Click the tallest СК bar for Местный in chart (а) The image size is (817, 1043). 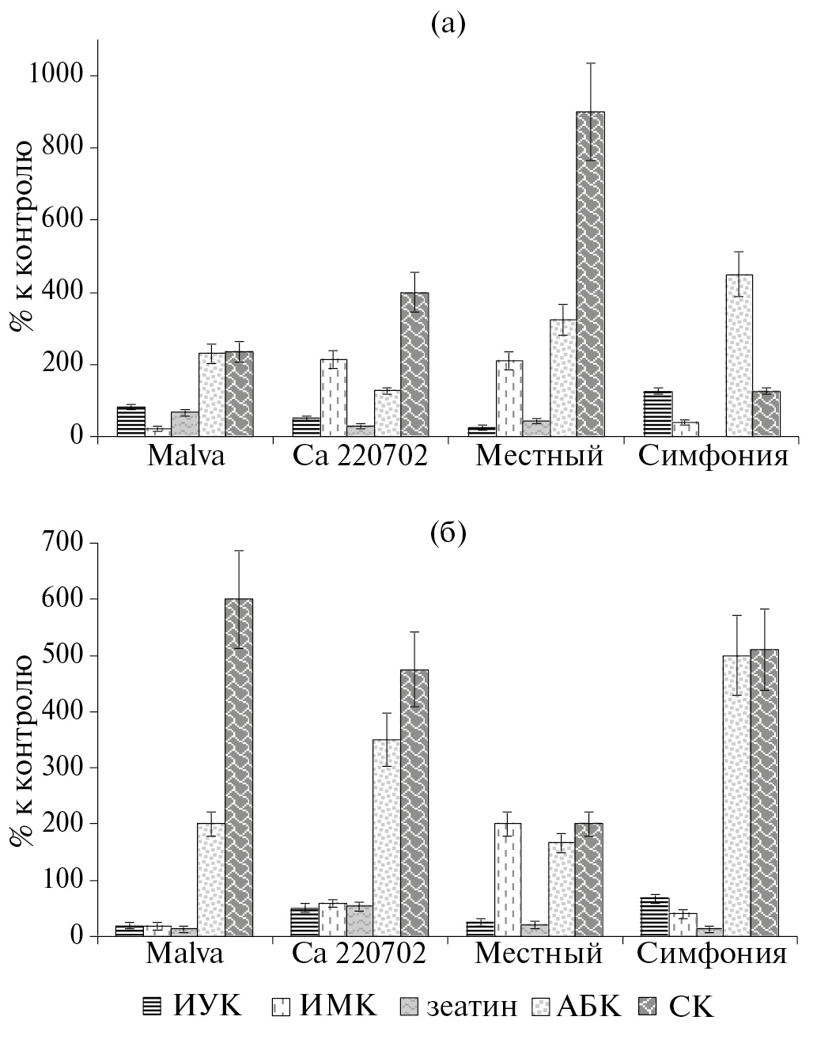[590, 274]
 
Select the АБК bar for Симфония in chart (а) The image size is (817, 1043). [739, 355]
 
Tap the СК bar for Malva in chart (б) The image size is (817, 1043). [239, 767]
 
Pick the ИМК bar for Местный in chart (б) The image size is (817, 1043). [508, 879]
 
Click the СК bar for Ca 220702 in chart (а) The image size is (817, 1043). [414, 364]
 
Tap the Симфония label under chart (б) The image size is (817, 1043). [712, 954]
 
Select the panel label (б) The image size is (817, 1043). [448, 533]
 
